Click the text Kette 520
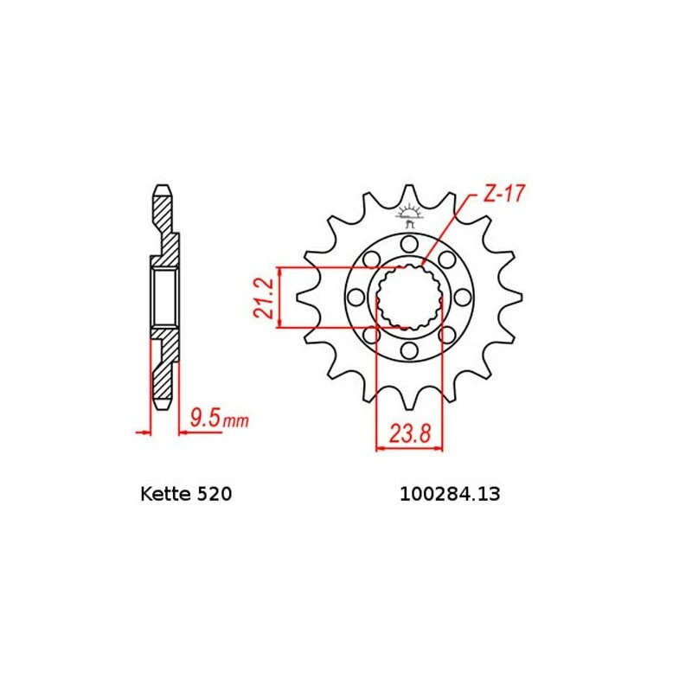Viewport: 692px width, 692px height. tap(185, 496)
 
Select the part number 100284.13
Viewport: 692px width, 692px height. tap(449, 496)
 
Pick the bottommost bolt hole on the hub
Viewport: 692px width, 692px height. tap(409, 350)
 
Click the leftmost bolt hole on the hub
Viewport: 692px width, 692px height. tap(356, 298)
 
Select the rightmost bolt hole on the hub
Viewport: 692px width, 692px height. tap(463, 298)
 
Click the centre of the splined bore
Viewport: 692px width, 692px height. tap(409, 298)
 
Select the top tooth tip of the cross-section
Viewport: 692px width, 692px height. tap(162, 189)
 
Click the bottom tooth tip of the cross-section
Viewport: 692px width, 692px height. tap(162, 404)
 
